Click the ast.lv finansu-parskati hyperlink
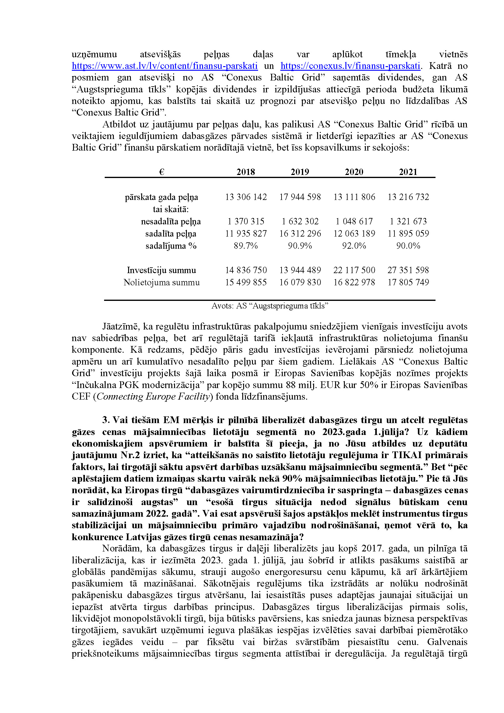pos(164,66)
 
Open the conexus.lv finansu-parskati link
pos(350,66)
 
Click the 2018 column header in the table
pos(246,172)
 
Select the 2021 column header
pos(408,172)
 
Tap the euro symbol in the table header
pos(161,172)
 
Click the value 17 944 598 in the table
pos(300,197)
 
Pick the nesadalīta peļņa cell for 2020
pos(354,221)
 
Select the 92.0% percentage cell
pos(354,246)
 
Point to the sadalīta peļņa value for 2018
pos(246,234)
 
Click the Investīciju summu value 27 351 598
pos(408,270)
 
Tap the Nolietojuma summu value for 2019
pos(300,283)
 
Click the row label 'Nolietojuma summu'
pos(161,283)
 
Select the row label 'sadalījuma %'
pos(171,246)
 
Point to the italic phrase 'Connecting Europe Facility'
pos(153,397)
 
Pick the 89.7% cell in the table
pos(246,246)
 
